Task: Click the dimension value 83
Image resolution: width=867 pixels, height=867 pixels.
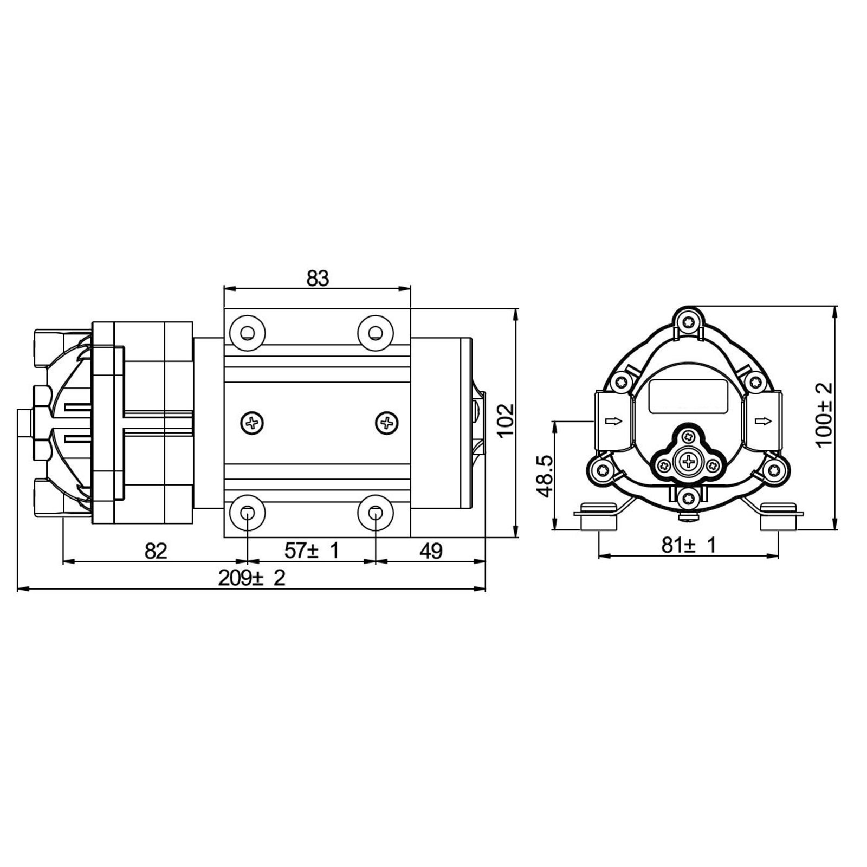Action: click(318, 279)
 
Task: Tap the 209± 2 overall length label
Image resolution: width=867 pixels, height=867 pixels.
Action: click(251, 578)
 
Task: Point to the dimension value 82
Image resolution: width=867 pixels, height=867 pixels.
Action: click(156, 551)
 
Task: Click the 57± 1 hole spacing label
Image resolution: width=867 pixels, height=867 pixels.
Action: click(312, 551)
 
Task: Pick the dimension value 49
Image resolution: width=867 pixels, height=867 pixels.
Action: click(431, 551)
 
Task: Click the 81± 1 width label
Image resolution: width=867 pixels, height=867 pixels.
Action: click(688, 545)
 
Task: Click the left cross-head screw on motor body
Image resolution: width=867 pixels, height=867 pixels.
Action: click(252, 422)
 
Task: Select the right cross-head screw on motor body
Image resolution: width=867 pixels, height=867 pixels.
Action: click(387, 422)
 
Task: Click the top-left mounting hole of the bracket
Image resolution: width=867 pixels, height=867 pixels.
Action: click(247, 332)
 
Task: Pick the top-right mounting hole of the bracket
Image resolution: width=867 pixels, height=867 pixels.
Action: click(376, 332)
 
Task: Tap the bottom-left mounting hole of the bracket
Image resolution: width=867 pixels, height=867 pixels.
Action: click(247, 512)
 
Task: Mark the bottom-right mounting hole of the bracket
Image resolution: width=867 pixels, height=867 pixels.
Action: click(376, 512)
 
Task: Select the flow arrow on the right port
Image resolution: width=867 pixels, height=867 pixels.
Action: click(762, 421)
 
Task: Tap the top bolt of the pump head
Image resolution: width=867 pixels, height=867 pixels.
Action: click(688, 321)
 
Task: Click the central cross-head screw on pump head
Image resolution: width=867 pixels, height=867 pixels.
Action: click(688, 462)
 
